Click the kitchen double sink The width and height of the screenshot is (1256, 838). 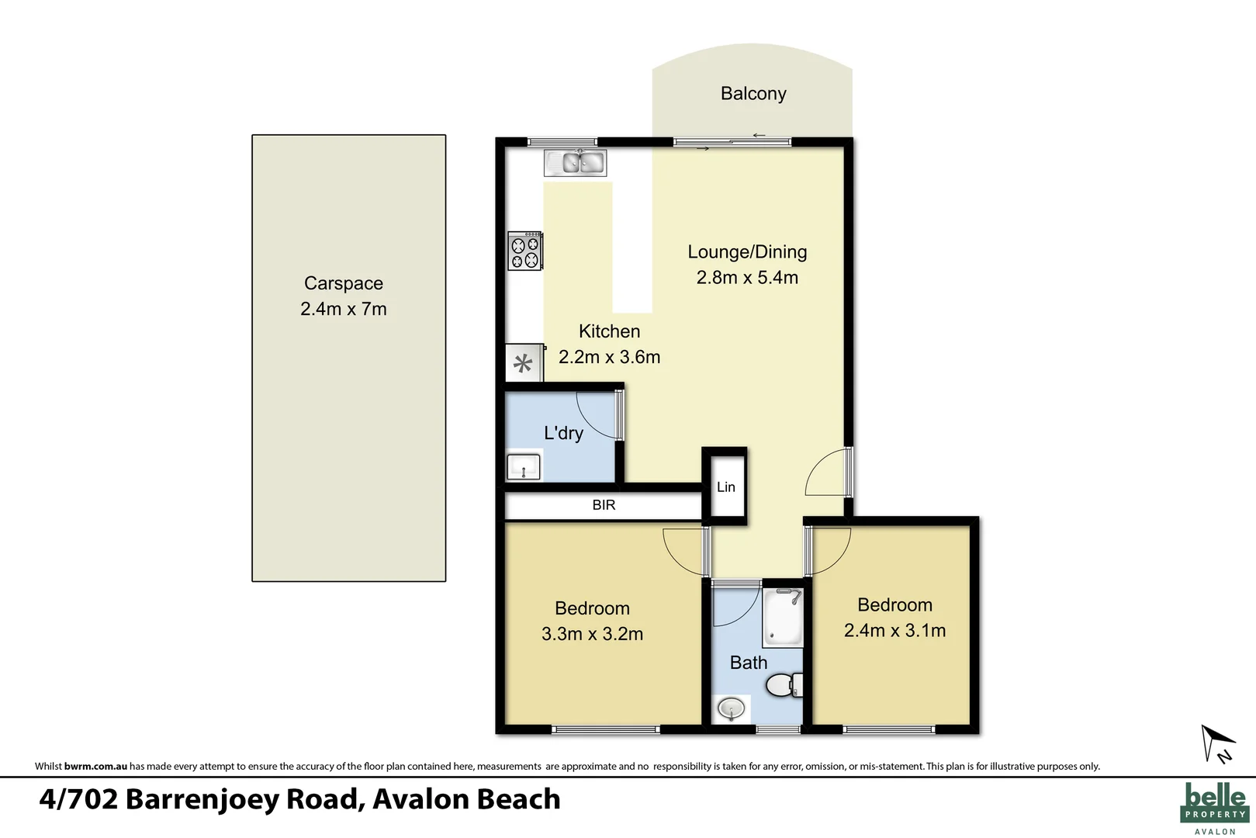coord(575,163)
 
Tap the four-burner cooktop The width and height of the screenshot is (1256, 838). coord(524,251)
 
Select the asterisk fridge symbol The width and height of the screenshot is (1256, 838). coord(524,364)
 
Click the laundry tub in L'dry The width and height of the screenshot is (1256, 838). coord(524,467)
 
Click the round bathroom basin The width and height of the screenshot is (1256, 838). coord(731,708)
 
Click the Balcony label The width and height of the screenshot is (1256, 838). coord(753,94)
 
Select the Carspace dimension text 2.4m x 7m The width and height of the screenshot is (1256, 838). coord(343,309)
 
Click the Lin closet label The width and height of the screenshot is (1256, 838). coord(725,487)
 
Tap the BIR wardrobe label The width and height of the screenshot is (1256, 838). coord(604,505)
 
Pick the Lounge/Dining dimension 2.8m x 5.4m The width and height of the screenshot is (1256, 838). coord(746,278)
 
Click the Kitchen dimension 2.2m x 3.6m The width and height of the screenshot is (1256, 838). coord(609,357)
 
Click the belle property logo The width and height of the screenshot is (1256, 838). coord(1215,807)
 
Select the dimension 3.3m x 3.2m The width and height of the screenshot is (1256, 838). coord(592,634)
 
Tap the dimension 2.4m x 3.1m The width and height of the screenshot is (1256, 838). coord(894,631)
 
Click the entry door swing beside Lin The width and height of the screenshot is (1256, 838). coord(827,474)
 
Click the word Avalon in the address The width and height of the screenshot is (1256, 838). coord(420,799)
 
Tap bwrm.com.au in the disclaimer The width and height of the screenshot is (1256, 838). coord(95,767)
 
